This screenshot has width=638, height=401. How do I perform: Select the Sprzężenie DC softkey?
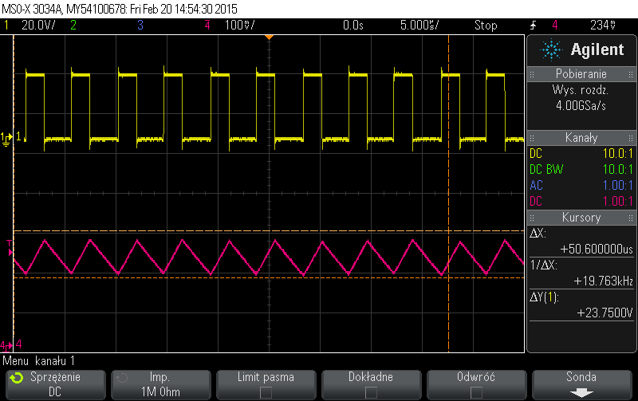pyautogui.click(x=54, y=384)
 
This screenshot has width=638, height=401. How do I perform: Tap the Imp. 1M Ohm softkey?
pyautogui.click(x=159, y=384)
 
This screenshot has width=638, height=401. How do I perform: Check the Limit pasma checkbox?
pyautogui.click(x=266, y=392)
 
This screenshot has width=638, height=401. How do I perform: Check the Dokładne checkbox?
pyautogui.click(x=371, y=392)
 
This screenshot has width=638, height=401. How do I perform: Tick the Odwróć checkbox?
pyautogui.click(x=478, y=392)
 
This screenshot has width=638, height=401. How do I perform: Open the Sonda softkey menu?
pyautogui.click(x=581, y=384)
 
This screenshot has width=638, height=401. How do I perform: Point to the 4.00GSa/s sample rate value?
pyautogui.click(x=581, y=104)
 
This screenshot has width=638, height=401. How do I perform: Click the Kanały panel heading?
pyautogui.click(x=581, y=137)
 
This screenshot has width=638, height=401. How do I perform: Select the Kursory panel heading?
pyautogui.click(x=581, y=217)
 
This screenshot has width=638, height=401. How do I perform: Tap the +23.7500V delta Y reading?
pyautogui.click(x=601, y=313)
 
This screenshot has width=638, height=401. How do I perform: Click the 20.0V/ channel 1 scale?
pyautogui.click(x=37, y=26)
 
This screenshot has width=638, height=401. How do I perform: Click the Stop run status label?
pyautogui.click(x=486, y=26)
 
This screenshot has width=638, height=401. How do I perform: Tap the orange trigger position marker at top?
pyautogui.click(x=270, y=37)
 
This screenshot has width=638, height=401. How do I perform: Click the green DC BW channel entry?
pyautogui.click(x=547, y=169)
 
